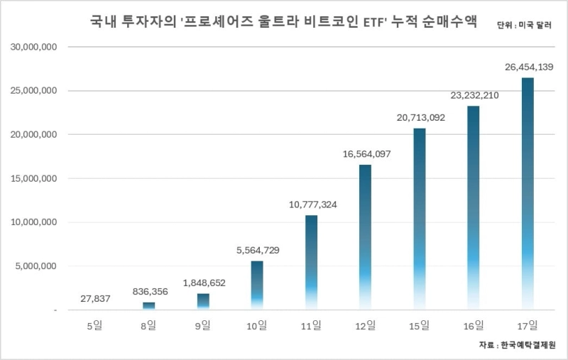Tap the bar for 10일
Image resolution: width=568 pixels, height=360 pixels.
point(257,285)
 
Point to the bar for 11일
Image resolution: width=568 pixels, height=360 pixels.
point(311,262)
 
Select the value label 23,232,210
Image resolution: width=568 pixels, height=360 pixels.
point(474,95)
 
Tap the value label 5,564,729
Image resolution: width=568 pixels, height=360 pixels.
point(258,251)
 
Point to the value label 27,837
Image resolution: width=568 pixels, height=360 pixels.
point(96,299)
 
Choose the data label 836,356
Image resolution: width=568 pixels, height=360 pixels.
point(149,292)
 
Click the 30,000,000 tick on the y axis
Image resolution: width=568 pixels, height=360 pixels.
point(33,47)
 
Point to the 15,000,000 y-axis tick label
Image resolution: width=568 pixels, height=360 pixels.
point(33,179)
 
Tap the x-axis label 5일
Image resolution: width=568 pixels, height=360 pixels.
point(95,326)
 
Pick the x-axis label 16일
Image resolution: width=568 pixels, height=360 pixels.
point(474,326)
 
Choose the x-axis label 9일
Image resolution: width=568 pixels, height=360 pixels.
point(203,326)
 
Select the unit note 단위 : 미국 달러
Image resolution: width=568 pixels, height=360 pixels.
point(525,24)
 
